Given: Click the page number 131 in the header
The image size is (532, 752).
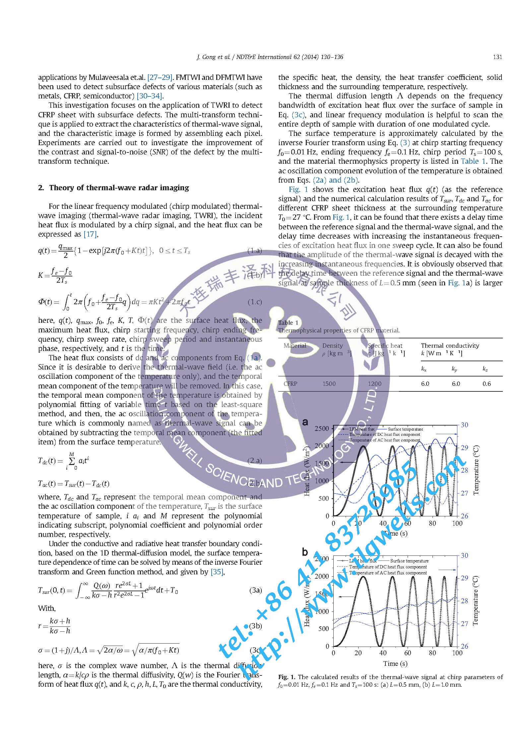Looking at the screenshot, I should click(x=497, y=57).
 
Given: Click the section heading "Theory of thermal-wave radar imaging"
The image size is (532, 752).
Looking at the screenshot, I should click(x=119, y=188).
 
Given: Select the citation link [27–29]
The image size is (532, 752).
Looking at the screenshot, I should click(x=160, y=78).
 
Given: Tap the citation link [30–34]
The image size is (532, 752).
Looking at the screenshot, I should click(x=150, y=96).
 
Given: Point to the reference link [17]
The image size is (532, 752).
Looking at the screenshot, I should click(x=90, y=234).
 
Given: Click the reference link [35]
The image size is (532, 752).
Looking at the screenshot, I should click(x=217, y=572).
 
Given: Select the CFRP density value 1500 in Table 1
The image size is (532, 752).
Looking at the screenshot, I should click(x=329, y=384).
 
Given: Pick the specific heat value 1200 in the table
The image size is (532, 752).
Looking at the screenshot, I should click(x=374, y=384).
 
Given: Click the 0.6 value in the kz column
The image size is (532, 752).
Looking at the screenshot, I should click(x=487, y=384).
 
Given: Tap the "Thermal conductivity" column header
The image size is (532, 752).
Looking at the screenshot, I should click(x=450, y=346).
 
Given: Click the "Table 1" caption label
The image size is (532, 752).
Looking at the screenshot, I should click(x=288, y=323).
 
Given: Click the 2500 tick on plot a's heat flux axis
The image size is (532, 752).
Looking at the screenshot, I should click(x=321, y=429).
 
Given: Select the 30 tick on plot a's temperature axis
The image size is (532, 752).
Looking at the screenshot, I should click(x=464, y=425).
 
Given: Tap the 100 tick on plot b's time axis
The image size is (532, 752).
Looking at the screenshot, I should click(x=457, y=653).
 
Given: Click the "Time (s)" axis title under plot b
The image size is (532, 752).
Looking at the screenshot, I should click(x=395, y=664).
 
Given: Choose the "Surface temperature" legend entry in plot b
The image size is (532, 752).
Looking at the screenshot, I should click(x=409, y=561).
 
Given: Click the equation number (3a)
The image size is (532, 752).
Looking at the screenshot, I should click(x=255, y=590).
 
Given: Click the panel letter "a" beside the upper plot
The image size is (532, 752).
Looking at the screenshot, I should click(x=305, y=422).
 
